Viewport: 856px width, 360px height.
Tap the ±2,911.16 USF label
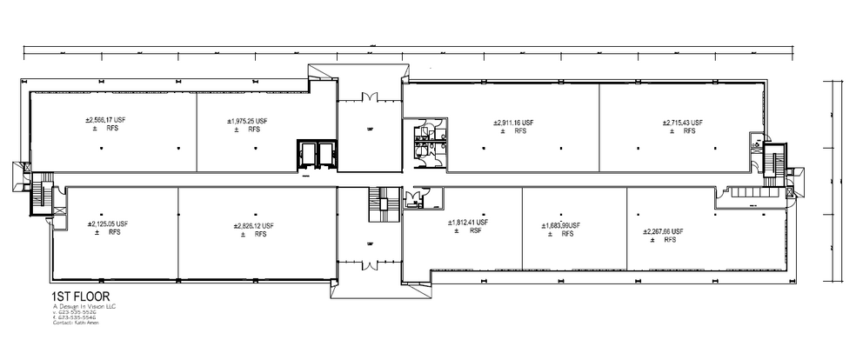(512, 123)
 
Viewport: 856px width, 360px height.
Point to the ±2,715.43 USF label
(683, 123)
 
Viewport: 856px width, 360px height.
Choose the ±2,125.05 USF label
(107, 223)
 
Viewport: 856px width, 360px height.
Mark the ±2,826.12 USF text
(253, 225)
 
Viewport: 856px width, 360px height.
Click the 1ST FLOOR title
(80, 297)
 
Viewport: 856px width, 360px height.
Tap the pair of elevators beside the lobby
(316, 154)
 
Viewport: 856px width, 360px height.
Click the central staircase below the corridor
(380, 201)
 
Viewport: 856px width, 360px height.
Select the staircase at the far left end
(37, 192)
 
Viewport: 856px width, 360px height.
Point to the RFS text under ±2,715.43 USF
(689, 131)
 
